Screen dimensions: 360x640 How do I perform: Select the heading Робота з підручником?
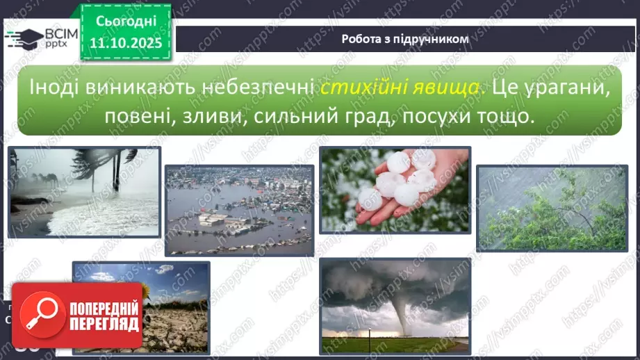[x=405, y=39]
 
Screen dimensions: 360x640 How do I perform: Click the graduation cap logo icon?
[x=22, y=39]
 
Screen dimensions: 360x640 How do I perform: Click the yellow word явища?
[x=439, y=88]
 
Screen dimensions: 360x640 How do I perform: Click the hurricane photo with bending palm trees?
[x=84, y=192]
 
